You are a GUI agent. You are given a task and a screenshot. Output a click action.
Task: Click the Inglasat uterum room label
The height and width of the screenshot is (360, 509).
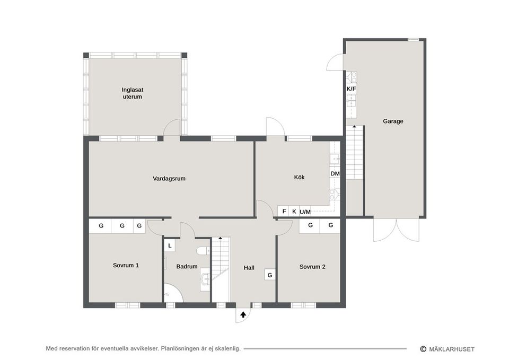click(132, 93)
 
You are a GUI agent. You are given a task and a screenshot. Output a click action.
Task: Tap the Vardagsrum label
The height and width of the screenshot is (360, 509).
click(169, 179)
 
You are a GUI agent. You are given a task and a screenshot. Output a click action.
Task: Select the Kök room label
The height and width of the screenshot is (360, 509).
click(300, 177)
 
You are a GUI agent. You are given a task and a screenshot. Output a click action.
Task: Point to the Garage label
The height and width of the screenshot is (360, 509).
click(393, 121)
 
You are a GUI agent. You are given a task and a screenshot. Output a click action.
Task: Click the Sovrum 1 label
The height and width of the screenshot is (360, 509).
click(126, 265)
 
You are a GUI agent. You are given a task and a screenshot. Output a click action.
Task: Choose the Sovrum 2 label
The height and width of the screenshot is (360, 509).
click(312, 267)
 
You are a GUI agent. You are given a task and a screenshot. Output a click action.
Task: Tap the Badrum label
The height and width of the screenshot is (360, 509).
click(187, 267)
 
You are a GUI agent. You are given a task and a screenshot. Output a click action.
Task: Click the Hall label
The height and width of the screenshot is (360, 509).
click(249, 268)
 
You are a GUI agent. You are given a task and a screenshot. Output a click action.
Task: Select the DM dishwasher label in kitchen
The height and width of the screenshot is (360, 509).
click(335, 173)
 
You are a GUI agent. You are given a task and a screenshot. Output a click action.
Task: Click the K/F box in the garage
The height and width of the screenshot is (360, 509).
click(351, 89)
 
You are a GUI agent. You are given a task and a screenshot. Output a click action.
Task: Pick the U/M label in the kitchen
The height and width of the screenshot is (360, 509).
click(305, 212)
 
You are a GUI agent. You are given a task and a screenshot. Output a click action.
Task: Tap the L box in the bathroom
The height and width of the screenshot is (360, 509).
click(170, 245)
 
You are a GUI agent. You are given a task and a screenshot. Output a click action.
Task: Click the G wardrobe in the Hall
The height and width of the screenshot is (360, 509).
click(270, 275)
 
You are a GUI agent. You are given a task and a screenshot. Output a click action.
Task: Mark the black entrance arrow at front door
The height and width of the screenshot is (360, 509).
click(243, 314)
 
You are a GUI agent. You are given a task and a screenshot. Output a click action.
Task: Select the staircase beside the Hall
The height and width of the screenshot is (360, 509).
click(221, 268)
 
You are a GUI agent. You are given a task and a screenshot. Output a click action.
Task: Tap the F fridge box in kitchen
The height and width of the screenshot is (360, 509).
click(284, 212)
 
